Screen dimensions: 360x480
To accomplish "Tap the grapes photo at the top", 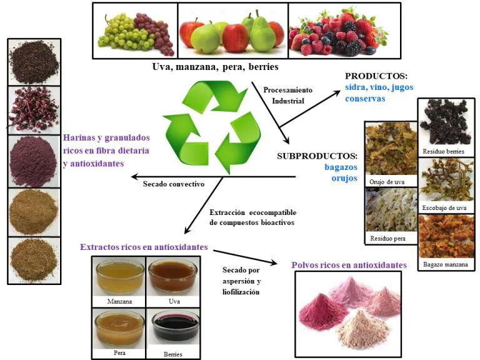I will (x=135, y=31).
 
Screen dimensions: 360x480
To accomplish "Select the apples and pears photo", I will (x=232, y=31).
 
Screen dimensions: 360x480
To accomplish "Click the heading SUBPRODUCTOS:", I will (x=317, y=156).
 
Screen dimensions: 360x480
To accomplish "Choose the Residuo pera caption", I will (x=391, y=238).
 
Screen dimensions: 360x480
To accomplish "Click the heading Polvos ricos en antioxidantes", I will (x=349, y=265).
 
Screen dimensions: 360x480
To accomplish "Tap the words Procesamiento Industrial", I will (x=287, y=95).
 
